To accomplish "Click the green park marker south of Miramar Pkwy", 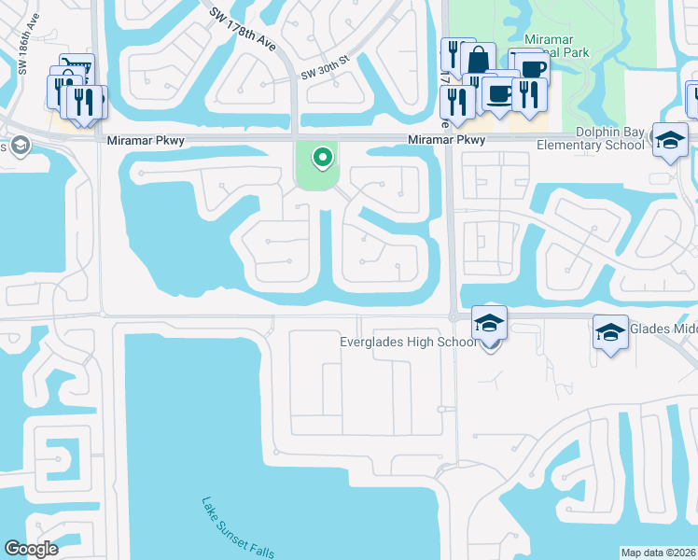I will pyautogui.click(x=323, y=158).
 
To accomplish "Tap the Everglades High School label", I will pyautogui.click(x=407, y=342).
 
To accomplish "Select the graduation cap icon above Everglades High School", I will pyautogui.click(x=490, y=323).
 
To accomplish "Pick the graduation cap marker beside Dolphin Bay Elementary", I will pyautogui.click(x=670, y=141).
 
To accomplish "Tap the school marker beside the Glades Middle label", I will pyautogui.click(x=610, y=332).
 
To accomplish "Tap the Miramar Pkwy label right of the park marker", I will pyautogui.click(x=447, y=140).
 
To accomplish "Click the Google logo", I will pyautogui.click(x=31, y=549).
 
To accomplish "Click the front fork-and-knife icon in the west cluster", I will pyautogui.click(x=87, y=103).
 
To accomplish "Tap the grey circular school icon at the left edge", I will pyautogui.click(x=20, y=146).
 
